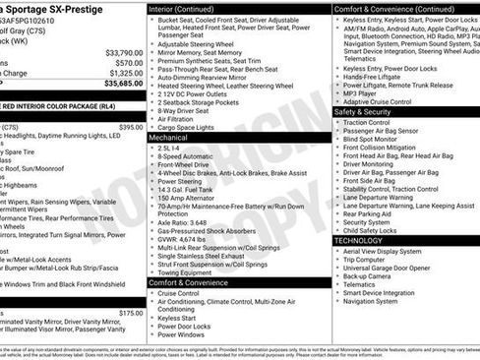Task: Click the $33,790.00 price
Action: click(x=123, y=52)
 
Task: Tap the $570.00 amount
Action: click(x=129, y=63)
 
